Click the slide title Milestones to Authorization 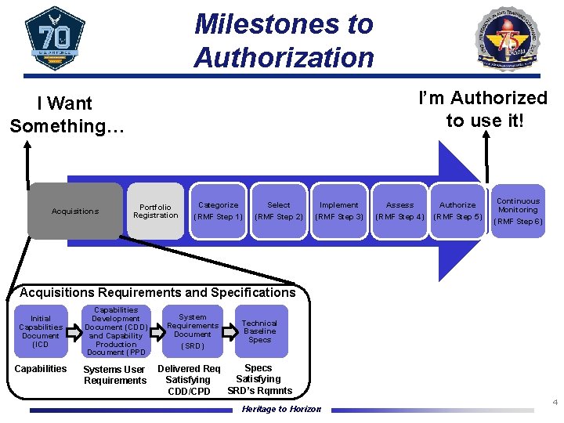[x=284, y=41]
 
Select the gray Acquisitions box [x=75, y=211]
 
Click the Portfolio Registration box [x=155, y=211]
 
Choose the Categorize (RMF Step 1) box [x=218, y=211]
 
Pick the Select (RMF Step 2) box [x=279, y=211]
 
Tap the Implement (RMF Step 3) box [x=339, y=211]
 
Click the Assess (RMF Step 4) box [x=399, y=211]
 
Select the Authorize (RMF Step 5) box [x=457, y=211]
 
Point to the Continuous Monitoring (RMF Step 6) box [x=518, y=211]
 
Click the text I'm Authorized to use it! [x=483, y=109]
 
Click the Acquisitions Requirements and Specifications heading [x=157, y=292]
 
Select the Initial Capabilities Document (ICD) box [x=41, y=331]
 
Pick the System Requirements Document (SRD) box [x=193, y=331]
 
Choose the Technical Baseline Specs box [x=259, y=331]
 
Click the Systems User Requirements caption [x=114, y=374]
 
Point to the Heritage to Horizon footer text [x=281, y=409]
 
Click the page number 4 [x=555, y=403]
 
